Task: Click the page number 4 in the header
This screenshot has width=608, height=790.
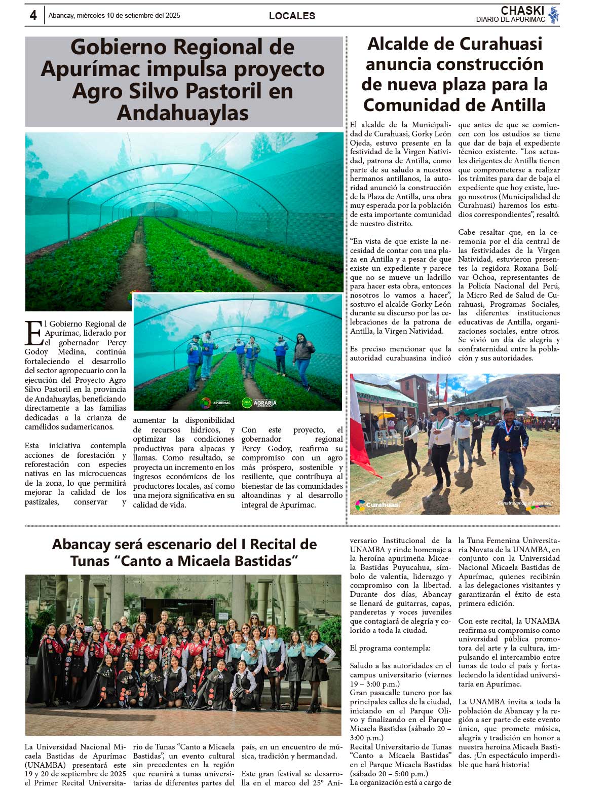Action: [x=33, y=15]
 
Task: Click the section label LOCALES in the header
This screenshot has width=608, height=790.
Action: [x=292, y=16]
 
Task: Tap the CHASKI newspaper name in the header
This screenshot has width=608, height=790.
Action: [x=522, y=10]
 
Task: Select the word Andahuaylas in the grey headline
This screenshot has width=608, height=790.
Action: [x=182, y=113]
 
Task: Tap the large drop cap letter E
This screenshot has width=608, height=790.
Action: [x=33, y=334]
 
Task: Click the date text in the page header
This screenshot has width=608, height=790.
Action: [x=114, y=15]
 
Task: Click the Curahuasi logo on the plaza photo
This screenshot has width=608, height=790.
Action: [x=378, y=505]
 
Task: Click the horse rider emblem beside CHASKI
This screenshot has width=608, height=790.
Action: [x=553, y=15]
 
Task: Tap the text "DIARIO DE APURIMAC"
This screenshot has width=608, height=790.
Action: [x=510, y=20]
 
